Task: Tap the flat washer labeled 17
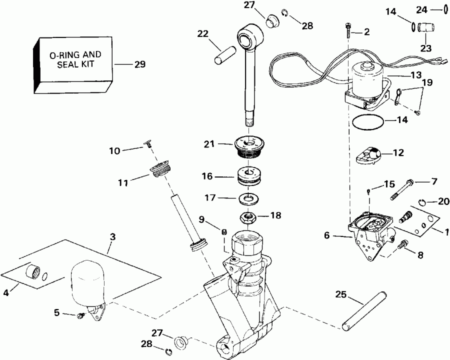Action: (247, 198)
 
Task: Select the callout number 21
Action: (209, 144)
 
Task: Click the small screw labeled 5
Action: (80, 315)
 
